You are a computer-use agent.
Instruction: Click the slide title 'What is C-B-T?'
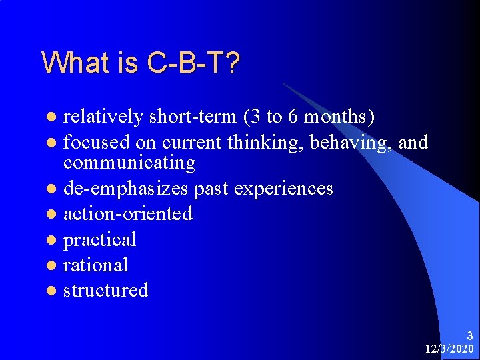pos(141,63)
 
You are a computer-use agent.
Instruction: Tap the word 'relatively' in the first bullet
pos(103,117)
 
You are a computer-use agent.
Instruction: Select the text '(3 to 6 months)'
pos(309,117)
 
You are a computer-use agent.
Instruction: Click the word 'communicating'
pos(129,163)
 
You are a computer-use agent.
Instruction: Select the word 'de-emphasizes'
pos(126,189)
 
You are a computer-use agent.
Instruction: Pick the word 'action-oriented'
pos(127,214)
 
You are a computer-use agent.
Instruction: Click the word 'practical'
pos(99,239)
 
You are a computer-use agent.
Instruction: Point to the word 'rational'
pos(95,265)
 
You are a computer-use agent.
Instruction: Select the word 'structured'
pos(105,290)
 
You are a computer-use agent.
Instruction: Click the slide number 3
pos(469,337)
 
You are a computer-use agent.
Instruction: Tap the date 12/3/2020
pos(449,349)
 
